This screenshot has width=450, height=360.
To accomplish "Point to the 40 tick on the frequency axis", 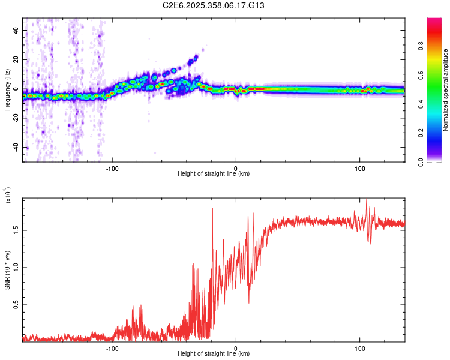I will coord(16,31).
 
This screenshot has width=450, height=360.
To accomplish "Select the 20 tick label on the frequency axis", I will coord(16,60).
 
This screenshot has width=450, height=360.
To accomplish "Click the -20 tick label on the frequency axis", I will coord(14,118).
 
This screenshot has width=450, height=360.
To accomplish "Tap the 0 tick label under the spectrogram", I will coord(236,167).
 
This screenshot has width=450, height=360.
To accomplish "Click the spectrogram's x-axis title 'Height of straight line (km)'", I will coord(214,174).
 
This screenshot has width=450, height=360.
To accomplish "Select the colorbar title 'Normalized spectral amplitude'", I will coord(445,90).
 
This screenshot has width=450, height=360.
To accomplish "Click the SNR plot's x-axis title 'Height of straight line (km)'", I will coord(214,354).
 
